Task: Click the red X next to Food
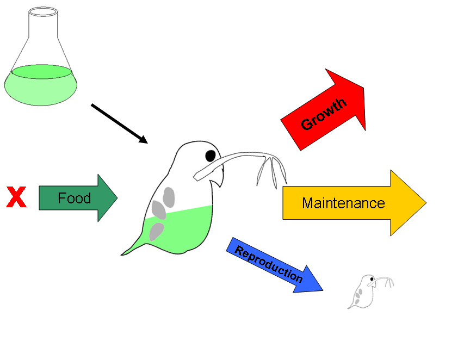point(16,197)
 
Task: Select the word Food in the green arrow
point(74,198)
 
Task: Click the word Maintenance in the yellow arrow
point(343,203)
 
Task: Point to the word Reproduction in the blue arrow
point(268,264)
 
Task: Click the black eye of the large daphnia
point(211,156)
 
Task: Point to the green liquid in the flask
point(41,84)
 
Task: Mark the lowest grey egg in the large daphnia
point(157,231)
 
